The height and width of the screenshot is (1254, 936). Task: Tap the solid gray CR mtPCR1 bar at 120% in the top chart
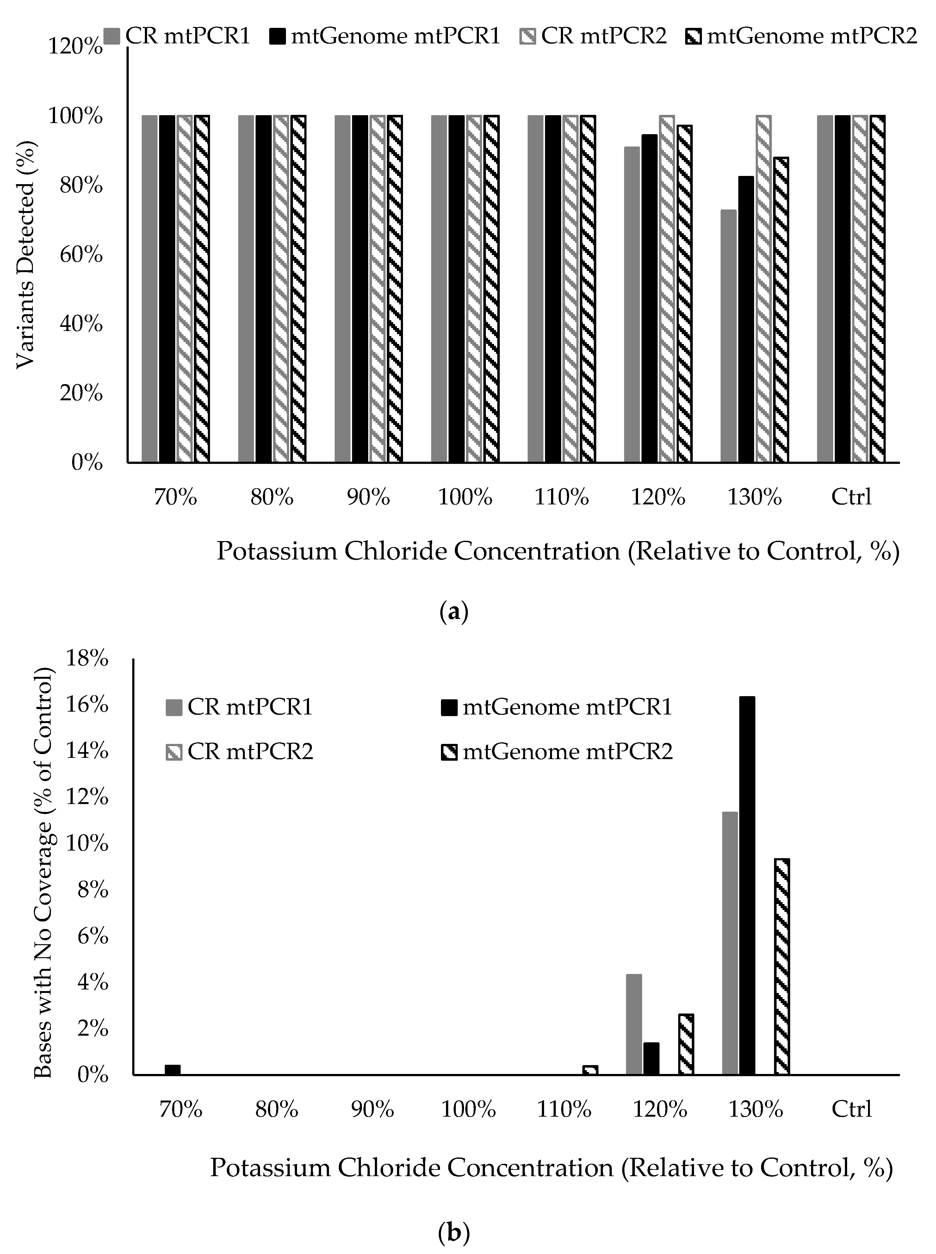(x=632, y=304)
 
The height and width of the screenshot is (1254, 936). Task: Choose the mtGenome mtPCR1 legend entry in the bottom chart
(x=556, y=707)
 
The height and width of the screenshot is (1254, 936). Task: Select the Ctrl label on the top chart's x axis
(x=851, y=497)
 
